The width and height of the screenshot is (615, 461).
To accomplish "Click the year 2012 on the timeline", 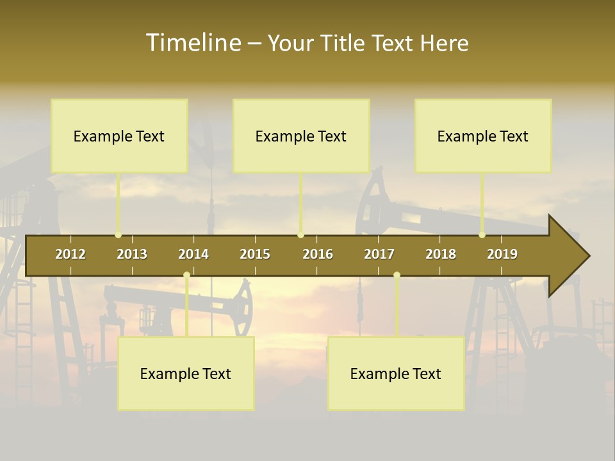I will tap(70, 254).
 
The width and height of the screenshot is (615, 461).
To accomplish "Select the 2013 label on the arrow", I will tap(132, 254).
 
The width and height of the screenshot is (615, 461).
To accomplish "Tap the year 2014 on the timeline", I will tap(193, 254).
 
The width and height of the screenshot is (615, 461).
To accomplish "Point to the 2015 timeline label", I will tap(255, 254).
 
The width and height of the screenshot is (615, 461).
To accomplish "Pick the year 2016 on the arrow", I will tap(318, 254).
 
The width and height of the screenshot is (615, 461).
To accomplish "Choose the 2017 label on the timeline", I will tap(379, 254).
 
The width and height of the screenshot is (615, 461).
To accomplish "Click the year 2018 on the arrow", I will tap(441, 254).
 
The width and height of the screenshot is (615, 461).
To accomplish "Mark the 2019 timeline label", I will tap(502, 254).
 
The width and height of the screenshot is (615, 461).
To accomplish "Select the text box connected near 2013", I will tap(119, 136).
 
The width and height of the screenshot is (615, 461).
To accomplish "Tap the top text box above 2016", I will tap(301, 136).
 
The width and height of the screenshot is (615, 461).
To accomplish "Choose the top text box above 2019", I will tap(483, 136).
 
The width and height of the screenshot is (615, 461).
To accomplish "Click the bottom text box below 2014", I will tap(186, 373).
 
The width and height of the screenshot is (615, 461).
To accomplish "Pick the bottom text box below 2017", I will tap(396, 373).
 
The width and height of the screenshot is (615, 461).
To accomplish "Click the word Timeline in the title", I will tap(193, 43).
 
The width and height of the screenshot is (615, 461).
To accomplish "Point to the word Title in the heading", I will tap(344, 44).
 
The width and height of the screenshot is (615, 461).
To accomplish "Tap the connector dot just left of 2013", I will tap(118, 235).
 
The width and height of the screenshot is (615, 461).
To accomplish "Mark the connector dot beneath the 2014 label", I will tap(186, 275).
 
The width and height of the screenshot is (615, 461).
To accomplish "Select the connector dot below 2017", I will tap(397, 275).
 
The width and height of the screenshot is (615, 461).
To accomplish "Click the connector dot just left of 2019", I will tap(482, 235).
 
